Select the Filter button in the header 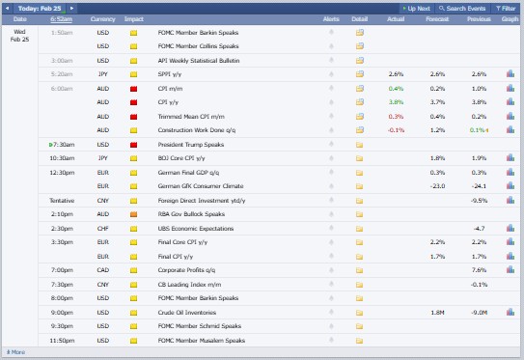pos(506,8)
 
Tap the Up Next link pos(418,8)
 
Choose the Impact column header pos(134,18)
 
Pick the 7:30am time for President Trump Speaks pos(63,144)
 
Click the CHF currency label pos(103,228)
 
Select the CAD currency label pos(103,270)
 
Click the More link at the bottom pos(16,352)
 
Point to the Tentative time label pos(62,200)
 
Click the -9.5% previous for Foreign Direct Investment pos(478,200)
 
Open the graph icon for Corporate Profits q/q pos(510,270)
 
